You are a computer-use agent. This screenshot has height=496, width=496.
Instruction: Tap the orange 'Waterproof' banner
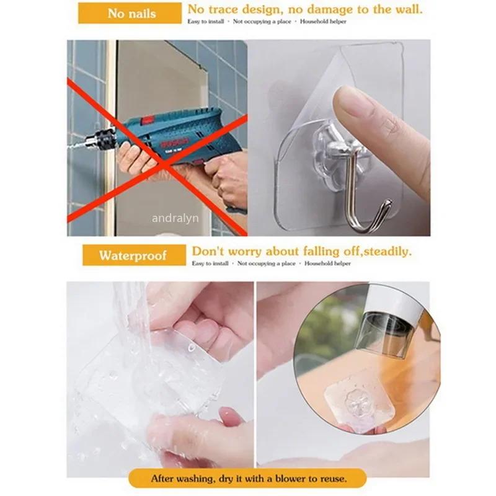[x=133, y=255]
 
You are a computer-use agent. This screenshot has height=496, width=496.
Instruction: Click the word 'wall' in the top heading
[x=407, y=9]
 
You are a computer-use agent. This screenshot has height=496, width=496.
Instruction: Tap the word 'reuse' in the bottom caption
[x=332, y=479]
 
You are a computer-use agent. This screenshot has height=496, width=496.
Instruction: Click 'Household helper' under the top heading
[x=324, y=22]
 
